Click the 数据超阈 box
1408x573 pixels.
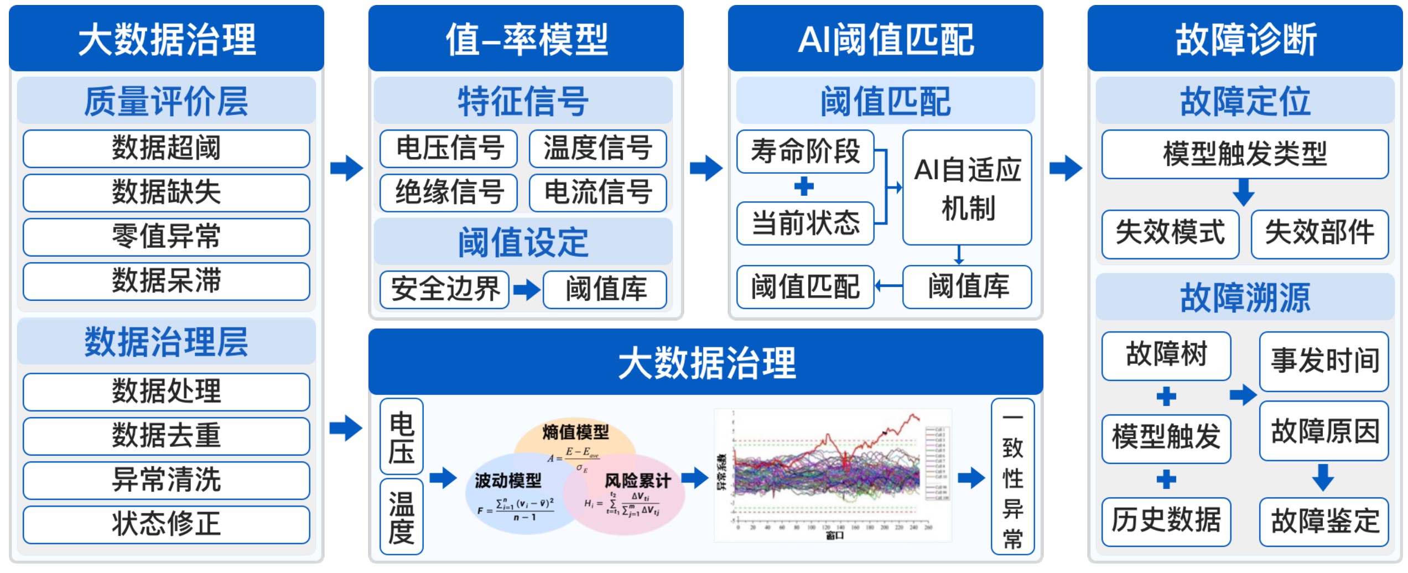coord(166,148)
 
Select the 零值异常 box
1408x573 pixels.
coord(166,237)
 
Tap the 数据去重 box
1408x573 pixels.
coord(166,436)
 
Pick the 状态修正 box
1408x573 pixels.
coord(166,524)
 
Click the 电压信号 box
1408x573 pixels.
coord(449,148)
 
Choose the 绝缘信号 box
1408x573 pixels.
coord(449,192)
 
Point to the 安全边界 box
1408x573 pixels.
coord(445,289)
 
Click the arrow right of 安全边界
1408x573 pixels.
coord(526,289)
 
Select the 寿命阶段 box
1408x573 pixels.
coord(805,151)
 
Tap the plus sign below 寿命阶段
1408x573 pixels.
coord(804,186)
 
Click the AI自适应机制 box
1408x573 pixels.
coord(967,187)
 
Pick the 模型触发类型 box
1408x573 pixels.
coord(1245,154)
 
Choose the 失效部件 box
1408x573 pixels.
coord(1319,234)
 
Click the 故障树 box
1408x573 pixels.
coord(1166,356)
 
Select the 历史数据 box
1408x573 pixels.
coord(1166,522)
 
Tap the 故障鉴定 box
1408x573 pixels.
coord(1324,522)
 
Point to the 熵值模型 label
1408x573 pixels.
coord(575,432)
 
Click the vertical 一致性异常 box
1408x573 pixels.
coord(1012,476)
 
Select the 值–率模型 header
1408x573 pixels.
coord(526,39)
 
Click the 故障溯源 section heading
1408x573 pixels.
coord(1245,297)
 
